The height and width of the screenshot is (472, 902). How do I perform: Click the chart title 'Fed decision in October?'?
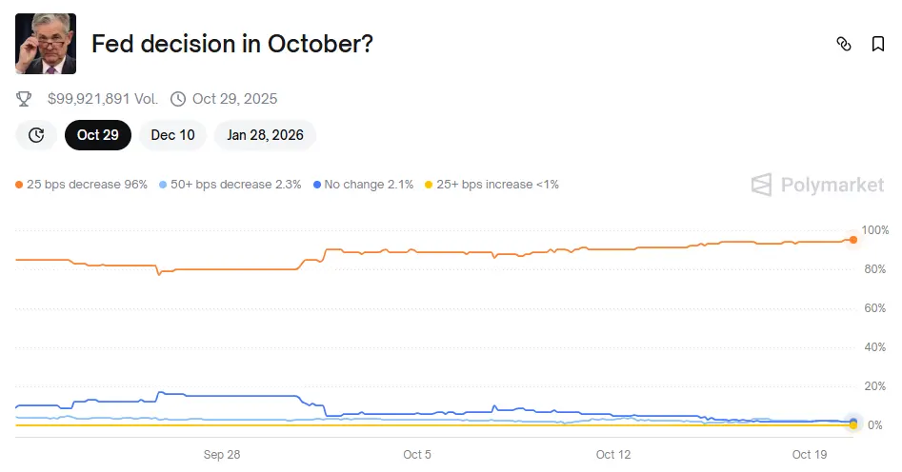coord(231,44)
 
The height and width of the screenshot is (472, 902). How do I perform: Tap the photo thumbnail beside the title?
coord(46,44)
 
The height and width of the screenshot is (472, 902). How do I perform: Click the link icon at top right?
coord(843,44)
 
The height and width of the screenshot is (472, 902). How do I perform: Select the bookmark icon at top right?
coord(877,44)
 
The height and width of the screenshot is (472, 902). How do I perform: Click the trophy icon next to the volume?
coord(26,99)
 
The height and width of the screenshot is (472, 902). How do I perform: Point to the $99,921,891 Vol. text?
coord(104,99)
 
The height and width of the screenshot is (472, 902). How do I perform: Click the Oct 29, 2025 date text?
coord(234,99)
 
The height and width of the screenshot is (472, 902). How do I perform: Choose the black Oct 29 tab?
coord(98,135)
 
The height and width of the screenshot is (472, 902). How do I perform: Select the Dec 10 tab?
coord(172,135)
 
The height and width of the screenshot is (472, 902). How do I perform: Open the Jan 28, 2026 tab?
coord(265,135)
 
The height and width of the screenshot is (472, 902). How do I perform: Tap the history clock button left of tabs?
coord(36,135)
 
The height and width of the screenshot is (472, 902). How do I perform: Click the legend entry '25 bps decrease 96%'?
coord(82,185)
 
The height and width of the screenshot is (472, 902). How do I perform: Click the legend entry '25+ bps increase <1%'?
coord(491,185)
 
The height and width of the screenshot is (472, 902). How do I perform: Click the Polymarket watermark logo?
coord(817,185)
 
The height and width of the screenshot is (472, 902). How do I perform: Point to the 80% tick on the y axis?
coord(873,269)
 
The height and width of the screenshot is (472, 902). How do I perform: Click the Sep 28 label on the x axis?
coord(221,455)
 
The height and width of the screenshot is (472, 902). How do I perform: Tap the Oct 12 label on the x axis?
coord(612,455)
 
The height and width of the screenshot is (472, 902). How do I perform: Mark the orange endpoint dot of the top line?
coord(853,240)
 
